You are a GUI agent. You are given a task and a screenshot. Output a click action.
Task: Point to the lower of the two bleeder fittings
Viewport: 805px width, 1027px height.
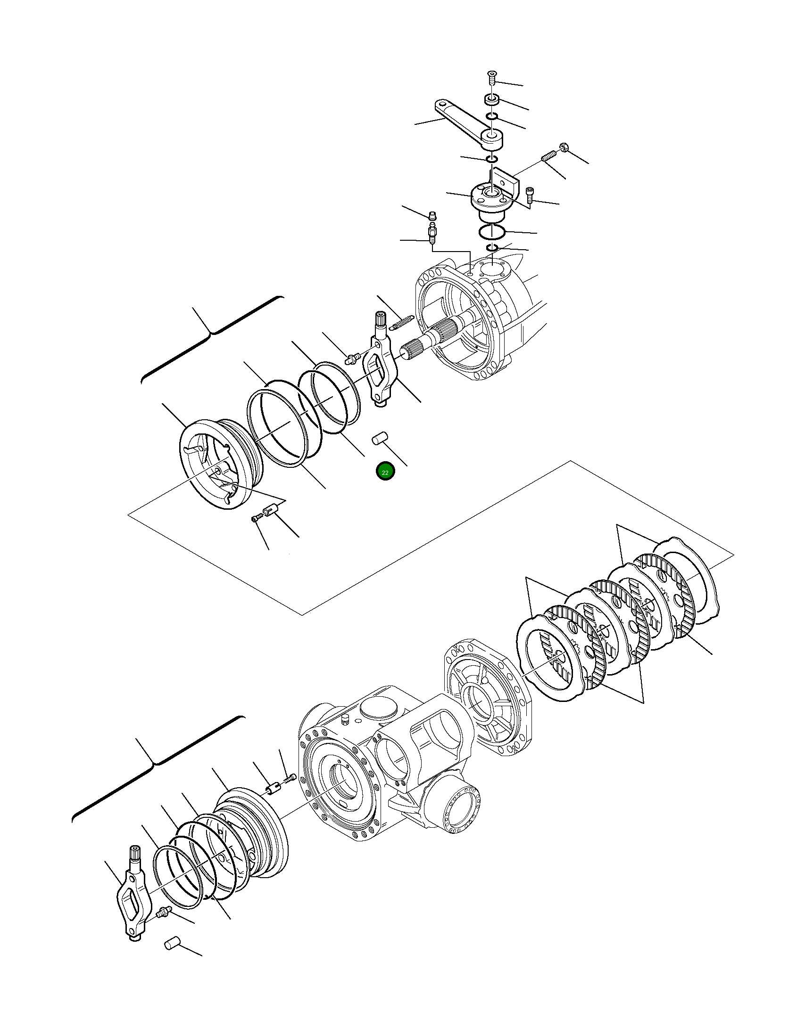[x=432, y=234]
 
